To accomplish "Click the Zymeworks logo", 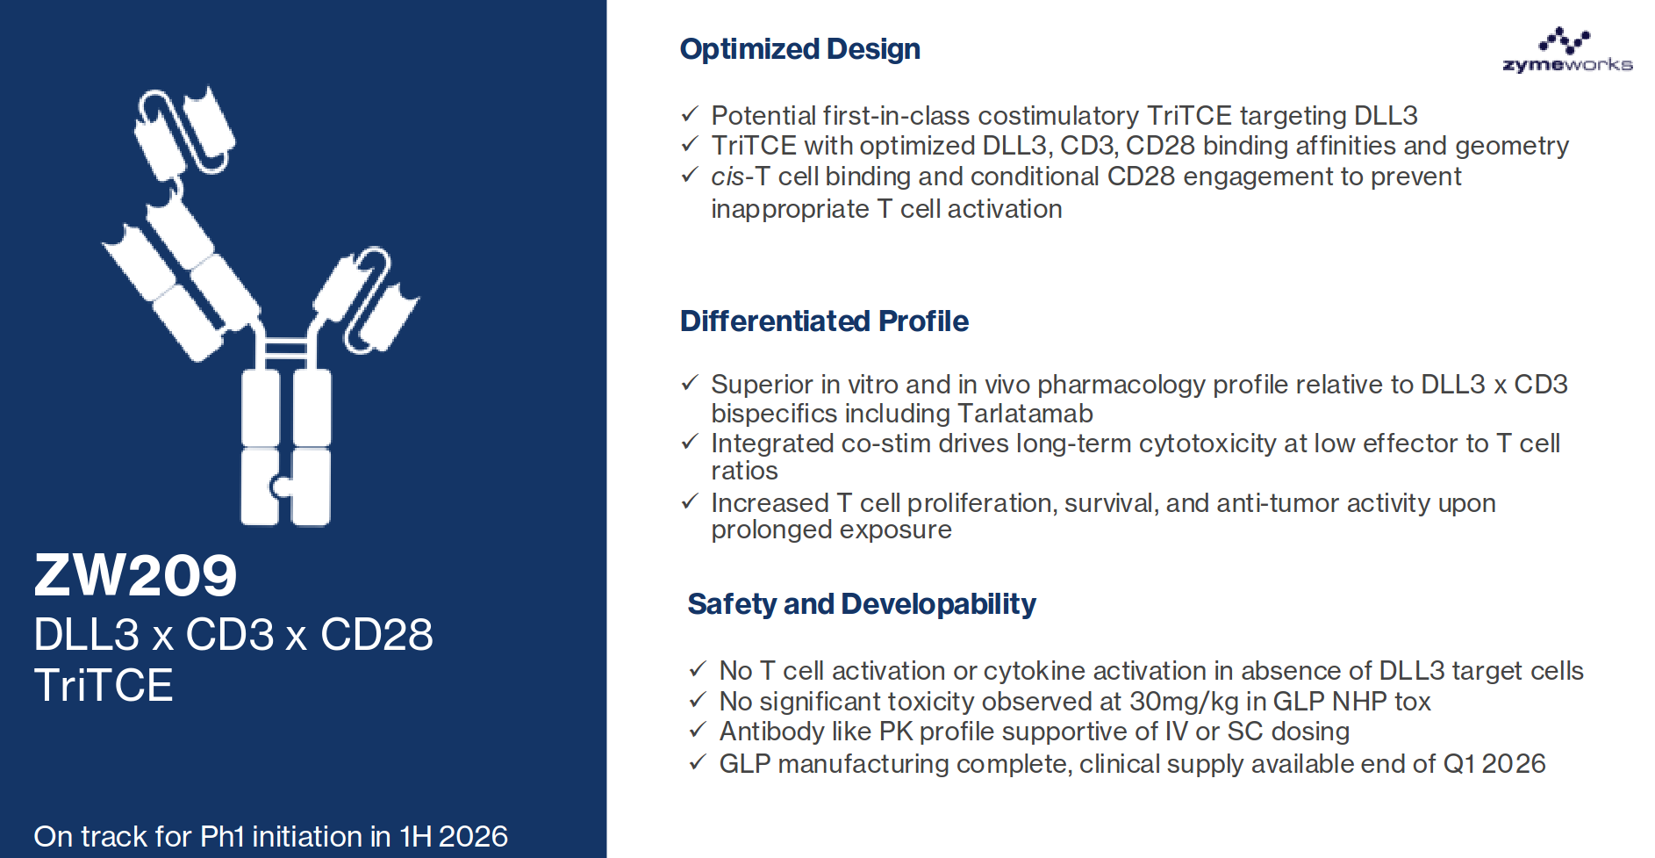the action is point(1567,50).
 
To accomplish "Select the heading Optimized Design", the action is point(799,49).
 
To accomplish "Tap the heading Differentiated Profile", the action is point(824,321).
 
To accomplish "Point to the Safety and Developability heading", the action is point(861,604).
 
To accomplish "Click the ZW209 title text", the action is point(135,576).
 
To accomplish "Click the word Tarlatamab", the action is point(1025,414).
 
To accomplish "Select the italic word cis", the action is point(727,177).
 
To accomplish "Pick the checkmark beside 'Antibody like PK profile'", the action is point(698,730).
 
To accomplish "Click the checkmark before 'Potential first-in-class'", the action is point(690,114).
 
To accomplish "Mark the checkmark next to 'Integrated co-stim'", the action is point(690,442).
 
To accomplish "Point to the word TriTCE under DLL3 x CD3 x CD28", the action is point(104,686).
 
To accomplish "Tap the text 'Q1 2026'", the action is point(1494,764).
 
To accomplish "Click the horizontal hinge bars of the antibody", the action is point(286,349).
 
